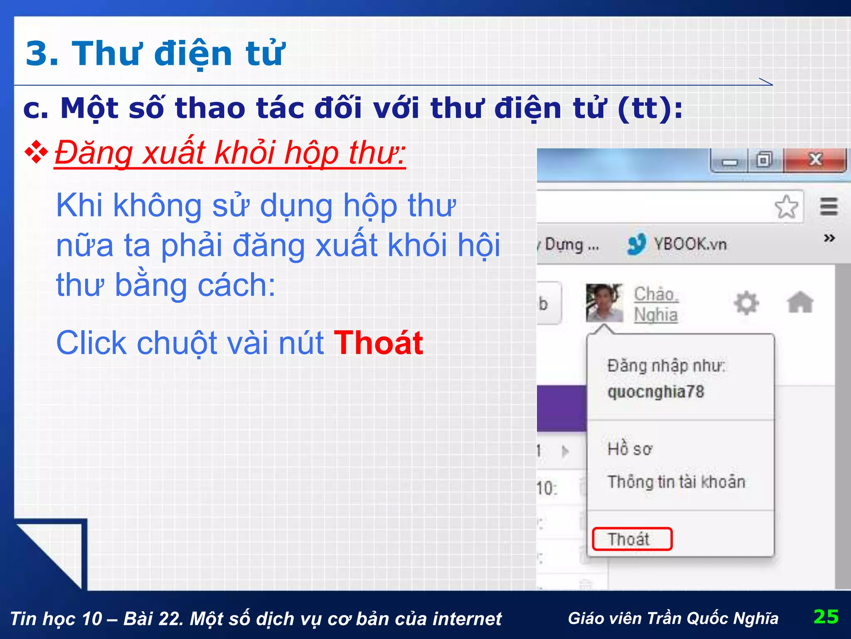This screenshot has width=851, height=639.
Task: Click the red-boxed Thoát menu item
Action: pos(632,539)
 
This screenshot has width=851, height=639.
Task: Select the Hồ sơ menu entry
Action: pos(630,449)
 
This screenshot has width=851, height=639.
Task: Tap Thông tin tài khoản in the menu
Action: pos(676,482)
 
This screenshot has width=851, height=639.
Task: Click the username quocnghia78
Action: pos(656,392)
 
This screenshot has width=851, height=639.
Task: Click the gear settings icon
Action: pos(746,303)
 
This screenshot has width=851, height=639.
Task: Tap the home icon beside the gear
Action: pos(800,302)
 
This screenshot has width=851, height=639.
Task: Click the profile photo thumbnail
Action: pos(604,303)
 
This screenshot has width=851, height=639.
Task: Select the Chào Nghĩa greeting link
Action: pos(656,304)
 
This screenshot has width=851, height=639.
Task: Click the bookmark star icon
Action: pos(786,207)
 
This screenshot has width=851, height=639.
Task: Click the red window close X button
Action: pos(815,160)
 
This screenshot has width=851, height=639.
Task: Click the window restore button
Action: pos(764,160)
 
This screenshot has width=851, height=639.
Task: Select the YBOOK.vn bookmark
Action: pos(677,244)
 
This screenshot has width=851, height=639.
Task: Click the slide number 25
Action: pos(826,617)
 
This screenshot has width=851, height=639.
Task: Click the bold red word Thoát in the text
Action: pos(378,343)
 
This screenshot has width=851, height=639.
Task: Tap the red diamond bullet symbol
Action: pos(37,152)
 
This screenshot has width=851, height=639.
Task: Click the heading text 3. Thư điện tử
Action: pos(155,53)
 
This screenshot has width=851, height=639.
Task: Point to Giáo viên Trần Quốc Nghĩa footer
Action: pos(673,618)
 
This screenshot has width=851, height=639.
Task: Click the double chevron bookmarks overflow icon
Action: pos(829,238)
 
